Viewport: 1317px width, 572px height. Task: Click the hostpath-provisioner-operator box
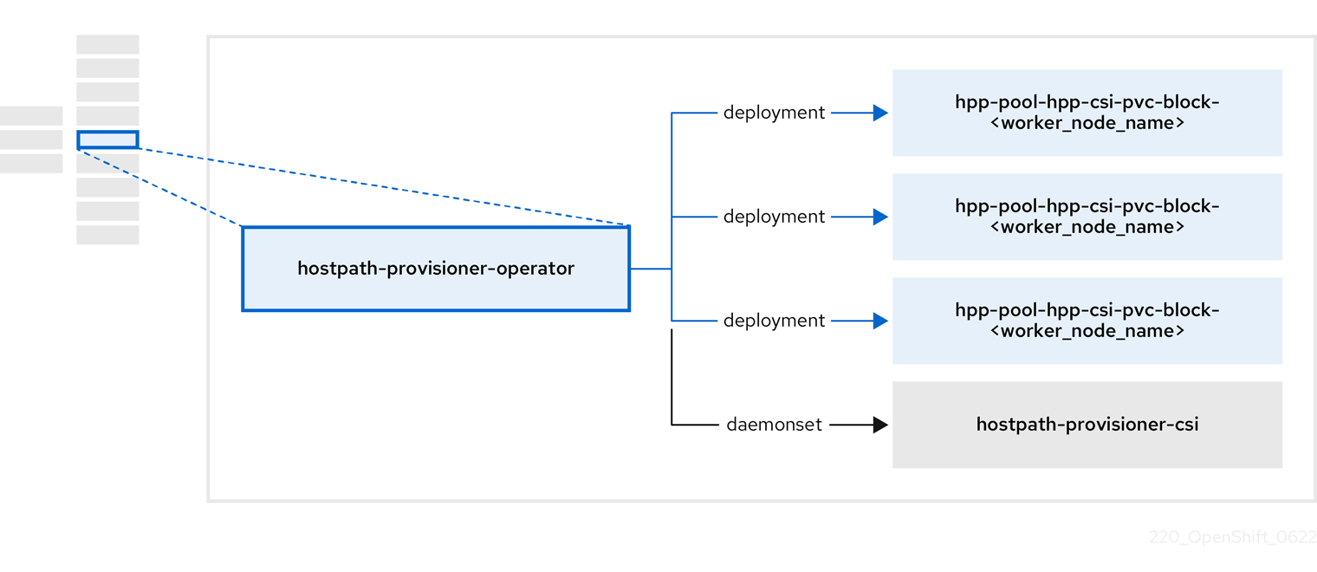(436, 269)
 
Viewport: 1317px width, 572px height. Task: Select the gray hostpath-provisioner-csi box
(1087, 425)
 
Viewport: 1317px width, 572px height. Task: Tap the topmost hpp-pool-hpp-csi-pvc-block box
(1087, 113)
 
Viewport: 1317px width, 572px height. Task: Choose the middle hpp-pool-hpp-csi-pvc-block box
(1087, 217)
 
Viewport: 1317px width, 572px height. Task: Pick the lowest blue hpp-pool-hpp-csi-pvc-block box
(1087, 321)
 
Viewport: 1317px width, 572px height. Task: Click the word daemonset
(774, 425)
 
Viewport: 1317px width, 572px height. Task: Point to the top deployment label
(774, 113)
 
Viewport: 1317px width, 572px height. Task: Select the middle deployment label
(774, 217)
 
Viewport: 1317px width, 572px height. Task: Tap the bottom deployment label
(774, 321)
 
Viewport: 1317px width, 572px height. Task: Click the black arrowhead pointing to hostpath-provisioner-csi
(880, 425)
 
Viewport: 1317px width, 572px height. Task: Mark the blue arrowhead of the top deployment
(880, 113)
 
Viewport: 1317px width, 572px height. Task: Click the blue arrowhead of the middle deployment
(880, 217)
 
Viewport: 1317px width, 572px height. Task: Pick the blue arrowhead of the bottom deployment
(880, 321)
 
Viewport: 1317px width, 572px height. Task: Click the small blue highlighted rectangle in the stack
(107, 140)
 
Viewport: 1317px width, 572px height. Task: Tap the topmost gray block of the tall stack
(107, 44)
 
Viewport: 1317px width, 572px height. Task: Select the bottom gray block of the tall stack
(107, 235)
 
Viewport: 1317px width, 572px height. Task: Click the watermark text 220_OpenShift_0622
(1232, 537)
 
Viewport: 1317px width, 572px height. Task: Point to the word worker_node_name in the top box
(1087, 123)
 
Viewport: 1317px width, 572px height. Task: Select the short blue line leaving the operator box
(650, 269)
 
